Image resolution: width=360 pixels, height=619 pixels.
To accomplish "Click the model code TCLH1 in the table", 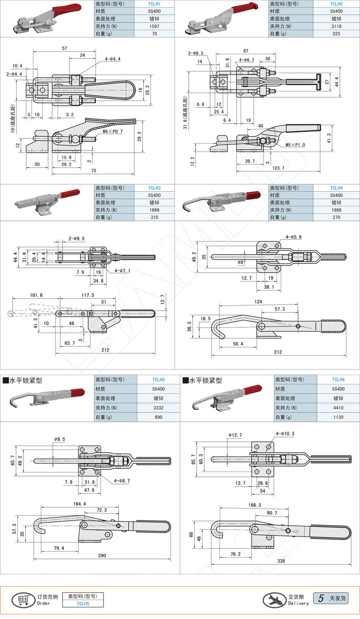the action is click(x=154, y=4).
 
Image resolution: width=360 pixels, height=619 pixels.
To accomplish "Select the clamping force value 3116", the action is click(x=336, y=26).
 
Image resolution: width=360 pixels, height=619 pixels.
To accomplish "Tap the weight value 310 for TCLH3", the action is click(x=154, y=217).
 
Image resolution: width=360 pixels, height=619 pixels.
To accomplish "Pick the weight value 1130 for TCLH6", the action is click(x=338, y=417).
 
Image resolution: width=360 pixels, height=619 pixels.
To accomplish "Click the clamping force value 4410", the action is click(x=338, y=408).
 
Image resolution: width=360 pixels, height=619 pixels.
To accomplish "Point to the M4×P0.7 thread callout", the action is click(x=113, y=131).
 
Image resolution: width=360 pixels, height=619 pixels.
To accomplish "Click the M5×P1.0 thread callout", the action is click(x=295, y=145).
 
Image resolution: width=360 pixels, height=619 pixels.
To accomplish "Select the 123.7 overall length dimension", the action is click(x=278, y=168).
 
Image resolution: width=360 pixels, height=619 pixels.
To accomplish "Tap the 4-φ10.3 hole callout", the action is click(x=285, y=434).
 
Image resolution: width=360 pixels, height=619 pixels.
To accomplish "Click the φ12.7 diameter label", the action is click(x=235, y=435).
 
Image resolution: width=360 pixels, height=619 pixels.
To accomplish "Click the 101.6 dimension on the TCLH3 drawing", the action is click(x=36, y=295).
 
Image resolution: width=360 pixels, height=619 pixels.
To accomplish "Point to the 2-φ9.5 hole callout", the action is click(x=77, y=238).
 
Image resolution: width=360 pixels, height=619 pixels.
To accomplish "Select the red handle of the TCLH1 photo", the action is click(x=67, y=10).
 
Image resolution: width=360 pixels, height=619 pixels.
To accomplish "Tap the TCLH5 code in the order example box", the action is click(x=83, y=603).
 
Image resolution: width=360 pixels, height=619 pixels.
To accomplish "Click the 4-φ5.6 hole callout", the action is click(x=294, y=237).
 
